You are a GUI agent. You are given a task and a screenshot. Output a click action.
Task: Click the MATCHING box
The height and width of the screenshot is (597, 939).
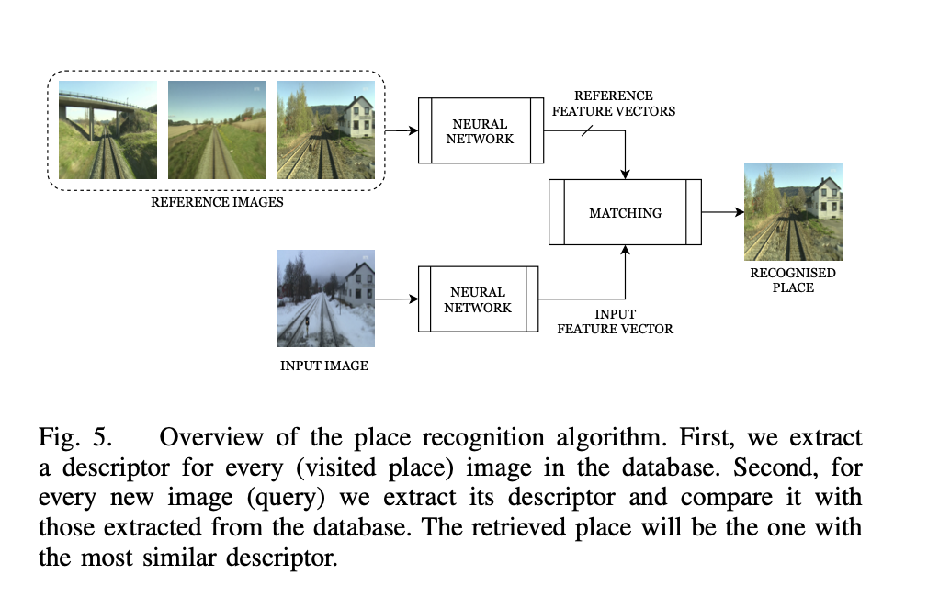625,212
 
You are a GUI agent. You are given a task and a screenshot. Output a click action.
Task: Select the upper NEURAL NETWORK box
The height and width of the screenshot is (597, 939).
478,131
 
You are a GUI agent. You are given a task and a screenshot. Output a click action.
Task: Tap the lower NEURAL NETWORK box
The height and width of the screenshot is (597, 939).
478,299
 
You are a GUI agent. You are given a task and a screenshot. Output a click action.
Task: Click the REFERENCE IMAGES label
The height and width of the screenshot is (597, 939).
217,202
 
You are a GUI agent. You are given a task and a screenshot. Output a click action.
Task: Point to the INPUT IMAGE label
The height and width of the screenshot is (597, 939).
323,366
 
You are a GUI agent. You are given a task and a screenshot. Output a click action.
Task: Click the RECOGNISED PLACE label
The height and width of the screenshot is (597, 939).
793,280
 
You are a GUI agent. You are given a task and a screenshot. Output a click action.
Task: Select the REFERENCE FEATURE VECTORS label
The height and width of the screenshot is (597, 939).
613,103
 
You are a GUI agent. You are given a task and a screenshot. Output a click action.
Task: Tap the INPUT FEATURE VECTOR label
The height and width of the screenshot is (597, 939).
615,321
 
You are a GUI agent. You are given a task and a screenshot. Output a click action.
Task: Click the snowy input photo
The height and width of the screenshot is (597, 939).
325,298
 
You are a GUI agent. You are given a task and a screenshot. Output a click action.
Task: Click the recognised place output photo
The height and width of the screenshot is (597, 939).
793,212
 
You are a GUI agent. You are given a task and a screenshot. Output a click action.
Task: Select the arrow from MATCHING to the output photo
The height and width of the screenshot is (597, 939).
722,212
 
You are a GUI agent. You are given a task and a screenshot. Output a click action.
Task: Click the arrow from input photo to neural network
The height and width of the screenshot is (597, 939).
395,299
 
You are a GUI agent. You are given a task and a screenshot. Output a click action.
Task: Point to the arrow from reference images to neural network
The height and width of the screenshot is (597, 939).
401,131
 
